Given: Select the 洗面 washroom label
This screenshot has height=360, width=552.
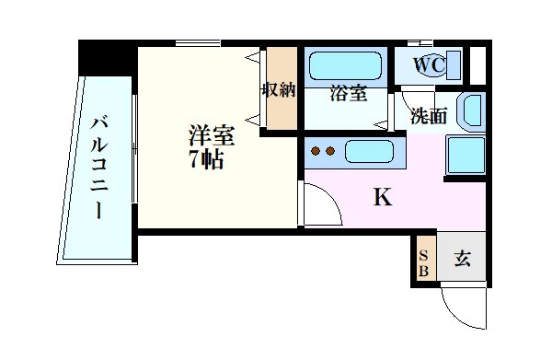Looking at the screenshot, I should (428, 116).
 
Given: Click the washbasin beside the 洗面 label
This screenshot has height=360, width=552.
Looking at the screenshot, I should (469, 110).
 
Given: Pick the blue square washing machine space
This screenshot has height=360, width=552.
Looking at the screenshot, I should (465, 154).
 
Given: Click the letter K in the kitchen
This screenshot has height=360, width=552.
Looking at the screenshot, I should (382, 196).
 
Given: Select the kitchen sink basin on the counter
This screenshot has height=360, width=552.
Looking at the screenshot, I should (368, 152).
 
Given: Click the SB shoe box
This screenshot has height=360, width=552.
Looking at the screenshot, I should (423, 263).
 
